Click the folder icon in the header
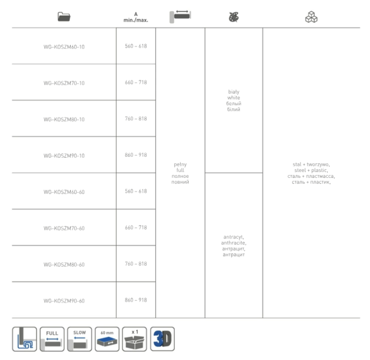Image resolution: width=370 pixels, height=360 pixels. pyautogui.click(x=64, y=17)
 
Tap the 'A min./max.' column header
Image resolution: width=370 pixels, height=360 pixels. pyautogui.click(x=136, y=17)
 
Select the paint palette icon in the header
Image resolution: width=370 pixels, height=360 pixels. pyautogui.click(x=234, y=17)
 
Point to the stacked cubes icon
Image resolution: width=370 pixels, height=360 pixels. pyautogui.click(x=311, y=17)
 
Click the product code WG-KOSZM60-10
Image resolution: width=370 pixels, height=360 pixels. pyautogui.click(x=64, y=47)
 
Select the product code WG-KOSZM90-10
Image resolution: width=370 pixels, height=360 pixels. pyautogui.click(x=64, y=156)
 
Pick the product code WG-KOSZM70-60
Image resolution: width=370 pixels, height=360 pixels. pyautogui.click(x=64, y=228)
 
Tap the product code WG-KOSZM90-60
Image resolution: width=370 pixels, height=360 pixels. pyautogui.click(x=64, y=301)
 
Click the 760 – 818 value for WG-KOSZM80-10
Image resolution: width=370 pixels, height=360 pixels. pyautogui.click(x=136, y=118)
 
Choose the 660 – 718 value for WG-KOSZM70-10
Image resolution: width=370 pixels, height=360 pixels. pyautogui.click(x=136, y=82)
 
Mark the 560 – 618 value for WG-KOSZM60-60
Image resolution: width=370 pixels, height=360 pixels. pyautogui.click(x=136, y=191)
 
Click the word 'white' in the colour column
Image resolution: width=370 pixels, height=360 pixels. pyautogui.click(x=234, y=97)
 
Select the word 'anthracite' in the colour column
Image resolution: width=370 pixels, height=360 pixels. pyautogui.click(x=234, y=243)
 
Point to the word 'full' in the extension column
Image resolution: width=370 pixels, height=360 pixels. pyautogui.click(x=180, y=170)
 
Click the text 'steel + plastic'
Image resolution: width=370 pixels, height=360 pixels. pyautogui.click(x=311, y=170)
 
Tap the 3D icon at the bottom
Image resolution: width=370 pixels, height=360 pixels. pyautogui.click(x=162, y=339)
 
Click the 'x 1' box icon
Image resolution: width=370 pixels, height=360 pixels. pyautogui.click(x=135, y=339)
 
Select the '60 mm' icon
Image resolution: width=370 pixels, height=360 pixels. pyautogui.click(x=107, y=339)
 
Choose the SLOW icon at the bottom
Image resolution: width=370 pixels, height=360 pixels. pyautogui.click(x=79, y=339)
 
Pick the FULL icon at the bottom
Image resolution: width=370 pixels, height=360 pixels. pyautogui.click(x=52, y=339)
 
